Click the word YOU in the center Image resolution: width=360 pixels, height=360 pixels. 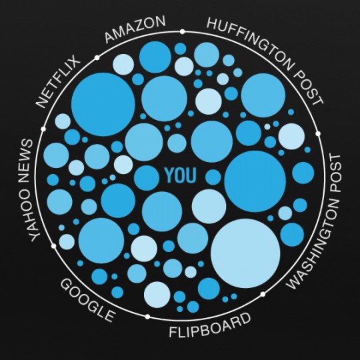181,175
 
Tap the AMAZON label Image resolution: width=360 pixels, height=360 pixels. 135,29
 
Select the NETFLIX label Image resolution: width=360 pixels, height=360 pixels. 58,81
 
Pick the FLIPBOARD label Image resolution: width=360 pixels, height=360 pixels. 210,325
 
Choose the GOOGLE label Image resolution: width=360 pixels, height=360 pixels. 87,300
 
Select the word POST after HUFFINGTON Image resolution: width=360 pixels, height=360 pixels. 309,88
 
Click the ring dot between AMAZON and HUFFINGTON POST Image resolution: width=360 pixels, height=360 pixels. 182,31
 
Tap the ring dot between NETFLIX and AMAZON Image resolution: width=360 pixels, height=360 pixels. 97,57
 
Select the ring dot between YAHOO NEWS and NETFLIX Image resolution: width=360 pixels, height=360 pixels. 43,129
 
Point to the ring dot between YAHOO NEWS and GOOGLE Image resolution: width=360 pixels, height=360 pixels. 54,246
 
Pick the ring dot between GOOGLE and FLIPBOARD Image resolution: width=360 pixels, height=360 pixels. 147,317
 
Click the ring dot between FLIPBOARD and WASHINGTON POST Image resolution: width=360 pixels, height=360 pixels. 263,294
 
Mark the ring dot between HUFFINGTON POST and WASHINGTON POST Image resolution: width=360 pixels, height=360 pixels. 318,133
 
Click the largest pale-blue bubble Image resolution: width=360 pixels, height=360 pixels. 245,253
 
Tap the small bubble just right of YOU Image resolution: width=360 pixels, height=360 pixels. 213,177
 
